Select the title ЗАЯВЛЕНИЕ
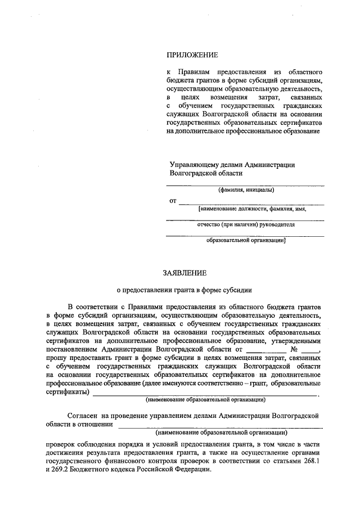(x=184, y=273)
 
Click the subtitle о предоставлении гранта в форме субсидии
(x=184, y=290)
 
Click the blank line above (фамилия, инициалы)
(x=245, y=184)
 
